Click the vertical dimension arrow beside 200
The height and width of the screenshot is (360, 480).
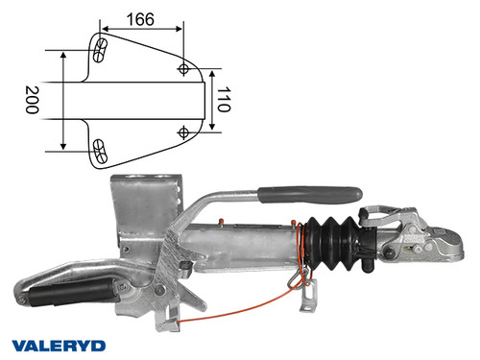(x=63, y=100)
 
